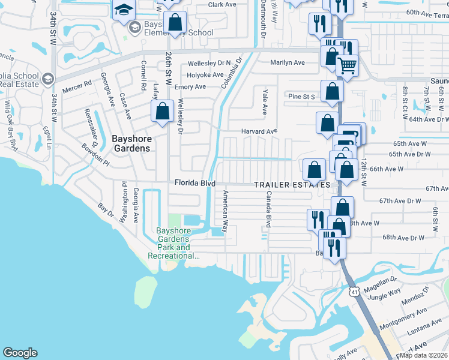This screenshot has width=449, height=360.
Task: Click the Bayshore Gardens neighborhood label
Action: (132, 143)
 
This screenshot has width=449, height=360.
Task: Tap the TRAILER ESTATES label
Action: (292, 184)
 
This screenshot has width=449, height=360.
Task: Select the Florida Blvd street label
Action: (194, 182)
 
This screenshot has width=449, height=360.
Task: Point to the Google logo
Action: (20, 353)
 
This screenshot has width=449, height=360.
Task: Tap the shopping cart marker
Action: (346, 66)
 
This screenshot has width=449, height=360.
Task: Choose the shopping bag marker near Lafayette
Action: (162, 112)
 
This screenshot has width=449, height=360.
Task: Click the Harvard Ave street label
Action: (259, 131)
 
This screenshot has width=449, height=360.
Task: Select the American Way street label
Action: (226, 212)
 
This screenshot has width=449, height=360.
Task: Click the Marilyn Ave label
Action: (288, 62)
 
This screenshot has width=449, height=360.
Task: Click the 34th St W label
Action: (54, 24)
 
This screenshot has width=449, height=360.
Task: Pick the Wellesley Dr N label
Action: (209, 63)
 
